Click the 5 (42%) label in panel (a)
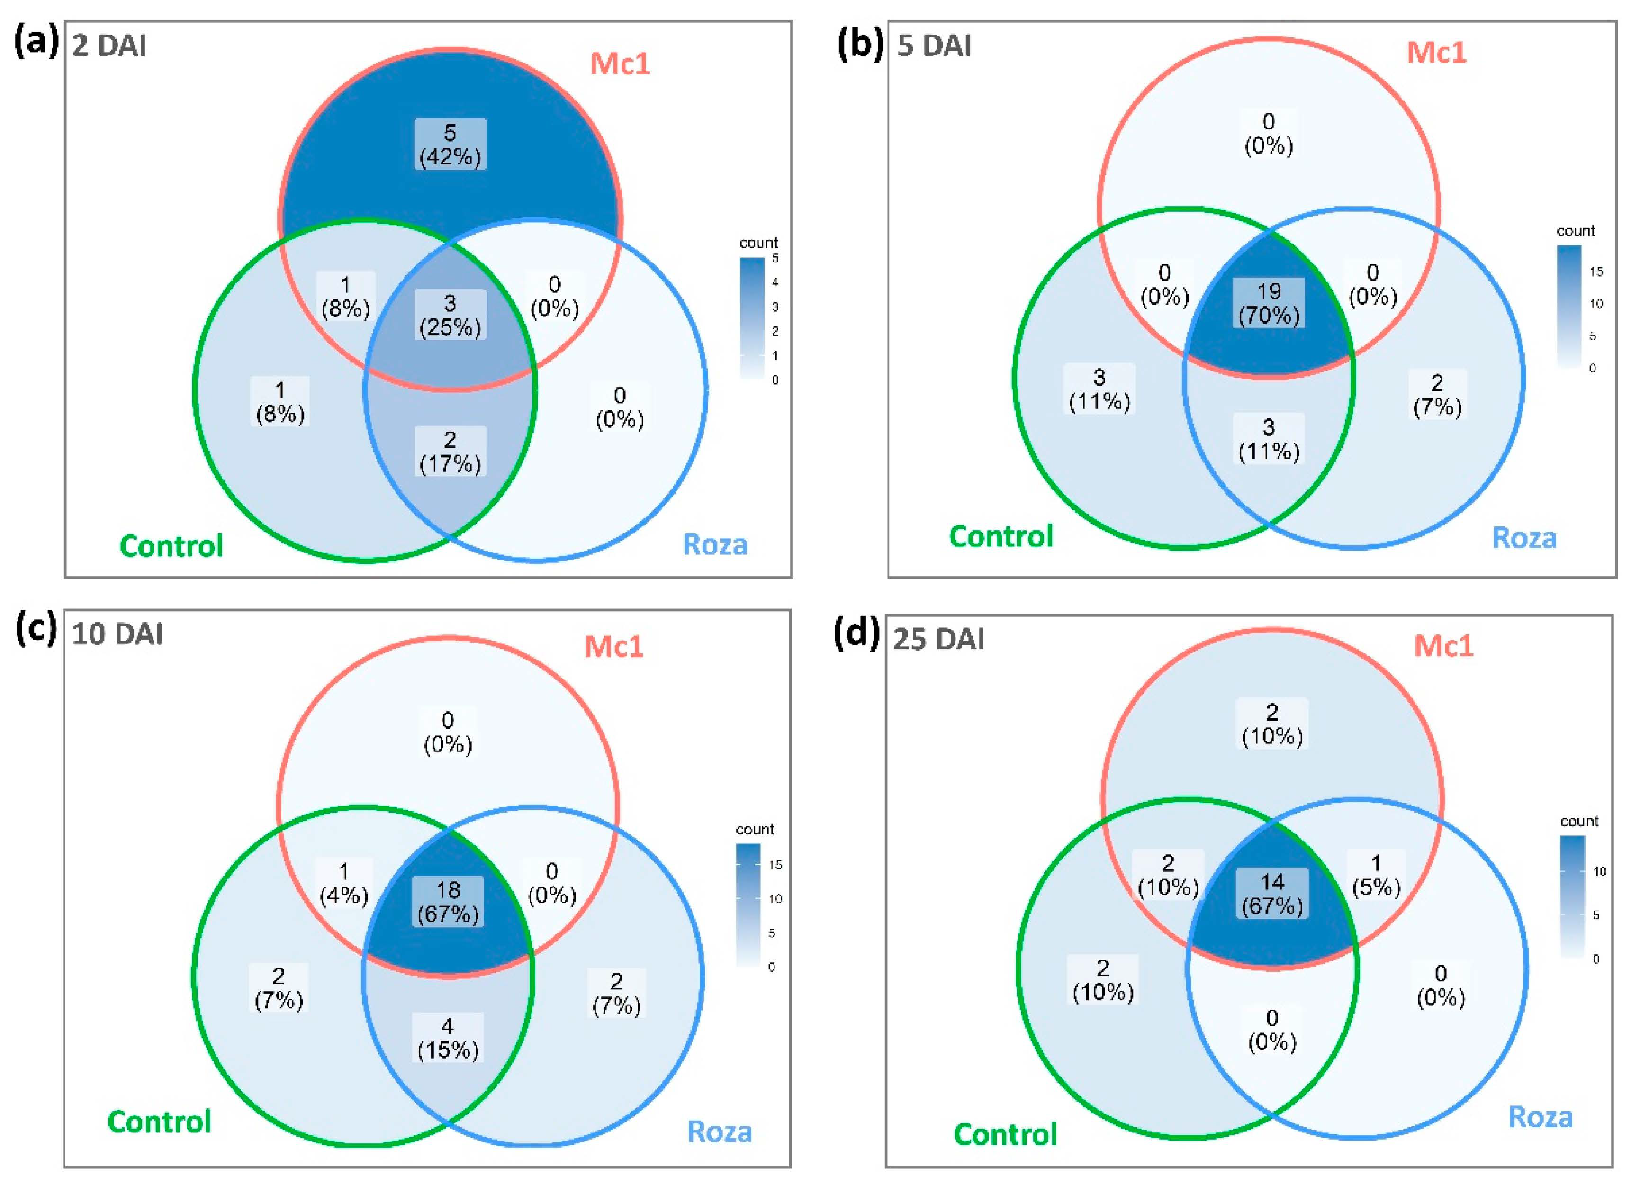[x=450, y=145]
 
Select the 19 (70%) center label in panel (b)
[x=1269, y=303]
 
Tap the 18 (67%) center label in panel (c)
[x=448, y=902]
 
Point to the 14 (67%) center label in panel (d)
[x=1271, y=893]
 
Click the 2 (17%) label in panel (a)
[x=450, y=452]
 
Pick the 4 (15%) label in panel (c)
[x=448, y=1038]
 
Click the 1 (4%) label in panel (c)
[x=344, y=883]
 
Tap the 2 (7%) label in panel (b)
[x=1437, y=395]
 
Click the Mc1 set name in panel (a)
[x=620, y=64]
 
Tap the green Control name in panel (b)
[x=1001, y=536]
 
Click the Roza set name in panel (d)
[x=1540, y=1117]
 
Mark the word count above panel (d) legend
[x=1579, y=821]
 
